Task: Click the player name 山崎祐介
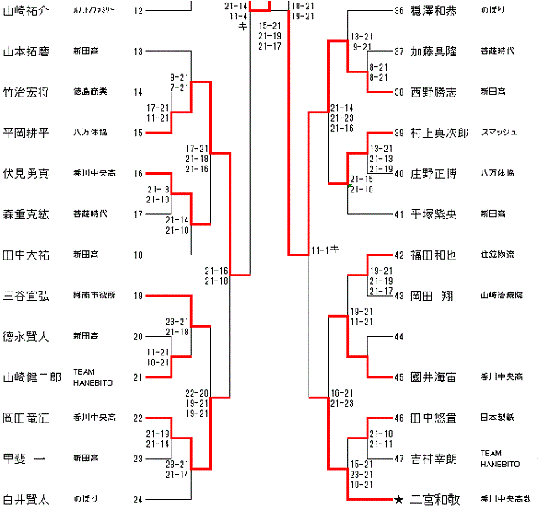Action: (26, 11)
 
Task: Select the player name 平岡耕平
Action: (26, 133)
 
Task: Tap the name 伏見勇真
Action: (26, 174)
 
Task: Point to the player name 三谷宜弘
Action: (26, 296)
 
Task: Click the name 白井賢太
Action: (26, 500)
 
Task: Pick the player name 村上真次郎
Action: (440, 133)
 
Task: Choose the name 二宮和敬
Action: (435, 500)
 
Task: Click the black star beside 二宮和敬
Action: (398, 500)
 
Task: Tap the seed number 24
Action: (139, 500)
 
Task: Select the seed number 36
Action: (398, 11)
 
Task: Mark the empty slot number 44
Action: (398, 337)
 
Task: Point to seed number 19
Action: (139, 296)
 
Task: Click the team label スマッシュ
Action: (498, 133)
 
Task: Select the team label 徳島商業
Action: (89, 92)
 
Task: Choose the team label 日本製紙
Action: (497, 418)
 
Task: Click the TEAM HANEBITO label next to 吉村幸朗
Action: (500, 459)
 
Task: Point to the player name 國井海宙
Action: (435, 377)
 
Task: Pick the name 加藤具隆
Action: (435, 52)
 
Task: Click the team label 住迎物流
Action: (497, 255)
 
